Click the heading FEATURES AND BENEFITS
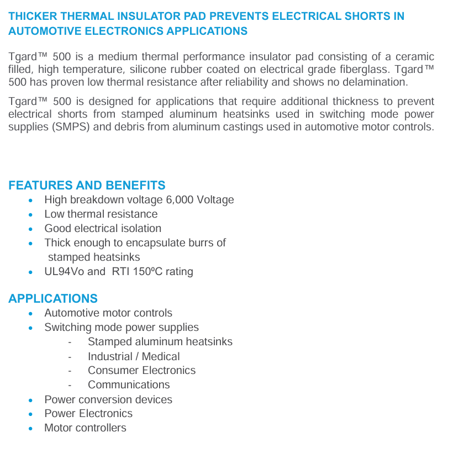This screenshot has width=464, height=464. tap(87, 185)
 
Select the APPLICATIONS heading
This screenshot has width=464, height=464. tap(53, 298)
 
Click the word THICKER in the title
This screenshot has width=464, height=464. tap(31, 16)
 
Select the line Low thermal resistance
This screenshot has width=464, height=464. tap(101, 214)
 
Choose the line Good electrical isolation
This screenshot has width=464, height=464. tap(103, 228)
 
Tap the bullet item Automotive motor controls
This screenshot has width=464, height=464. tap(108, 313)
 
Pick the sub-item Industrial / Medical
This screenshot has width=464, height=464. tap(134, 356)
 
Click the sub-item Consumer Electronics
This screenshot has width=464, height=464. tap(141, 370)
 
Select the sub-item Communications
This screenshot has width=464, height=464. tap(129, 384)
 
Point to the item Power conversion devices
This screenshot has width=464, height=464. tap(108, 399)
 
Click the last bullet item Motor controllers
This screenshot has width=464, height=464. tap(85, 428)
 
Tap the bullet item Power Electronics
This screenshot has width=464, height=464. tap(88, 413)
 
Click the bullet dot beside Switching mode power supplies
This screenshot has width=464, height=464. tap(31, 328)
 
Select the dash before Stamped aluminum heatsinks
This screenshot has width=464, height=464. tap(70, 342)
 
